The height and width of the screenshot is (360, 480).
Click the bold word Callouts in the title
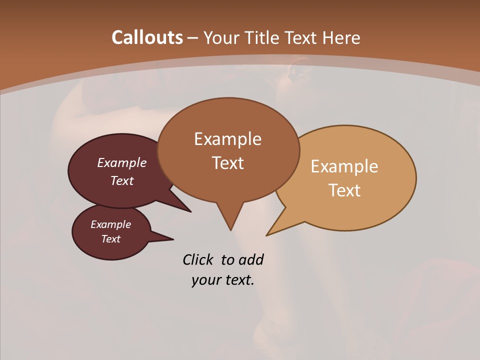coord(147,37)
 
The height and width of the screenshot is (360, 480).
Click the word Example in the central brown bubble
coord(227,139)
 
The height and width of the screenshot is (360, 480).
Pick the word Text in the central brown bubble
coord(227,163)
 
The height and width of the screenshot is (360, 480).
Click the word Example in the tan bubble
coord(344,166)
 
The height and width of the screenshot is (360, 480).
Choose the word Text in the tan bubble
coord(344,190)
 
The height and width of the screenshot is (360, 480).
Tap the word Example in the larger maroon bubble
coord(122,163)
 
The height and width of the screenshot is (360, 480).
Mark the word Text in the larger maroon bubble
coord(122,180)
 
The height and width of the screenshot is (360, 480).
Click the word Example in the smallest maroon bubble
coord(111,224)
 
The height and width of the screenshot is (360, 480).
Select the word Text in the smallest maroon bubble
coord(111,239)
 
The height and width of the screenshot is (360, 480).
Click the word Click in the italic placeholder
coord(198,260)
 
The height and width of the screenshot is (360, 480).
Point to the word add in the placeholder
coord(250,260)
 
